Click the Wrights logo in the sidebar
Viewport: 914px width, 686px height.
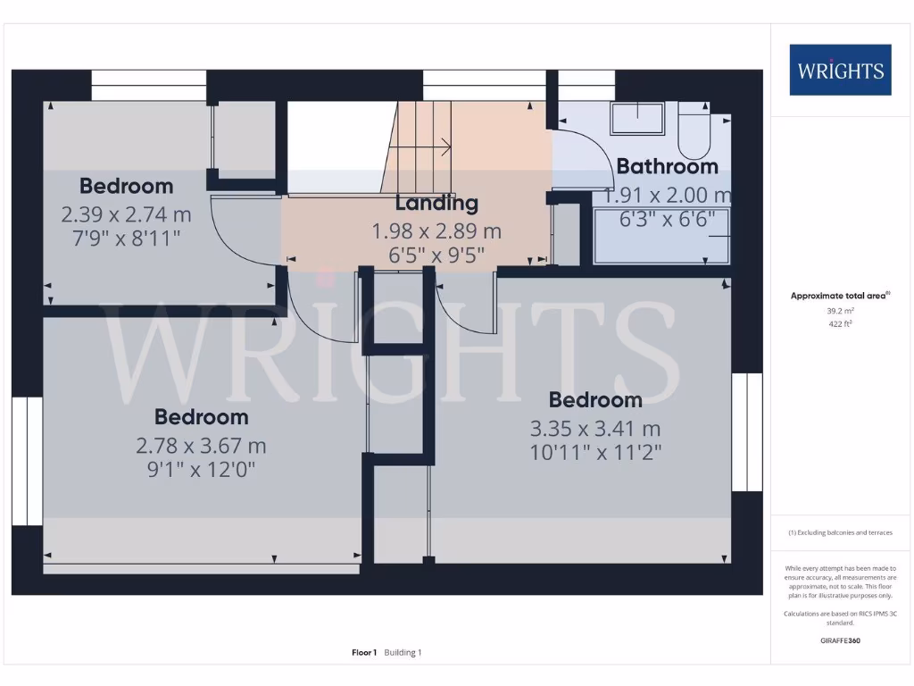[840, 70]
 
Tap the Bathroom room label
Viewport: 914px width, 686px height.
[667, 166]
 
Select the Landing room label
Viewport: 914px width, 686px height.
[436, 204]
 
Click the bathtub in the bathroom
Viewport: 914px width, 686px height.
[661, 236]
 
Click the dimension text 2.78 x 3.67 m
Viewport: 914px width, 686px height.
[201, 445]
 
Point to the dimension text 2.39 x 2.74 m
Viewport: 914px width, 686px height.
[126, 214]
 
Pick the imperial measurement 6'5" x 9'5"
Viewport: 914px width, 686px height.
[436, 254]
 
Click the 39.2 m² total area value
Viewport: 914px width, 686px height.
[841, 312]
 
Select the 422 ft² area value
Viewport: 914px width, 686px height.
[841, 324]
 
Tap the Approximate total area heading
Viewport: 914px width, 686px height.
[840, 296]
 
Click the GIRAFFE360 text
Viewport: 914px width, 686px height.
[840, 640]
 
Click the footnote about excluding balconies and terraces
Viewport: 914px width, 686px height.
[840, 532]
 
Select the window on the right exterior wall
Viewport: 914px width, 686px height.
[747, 432]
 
